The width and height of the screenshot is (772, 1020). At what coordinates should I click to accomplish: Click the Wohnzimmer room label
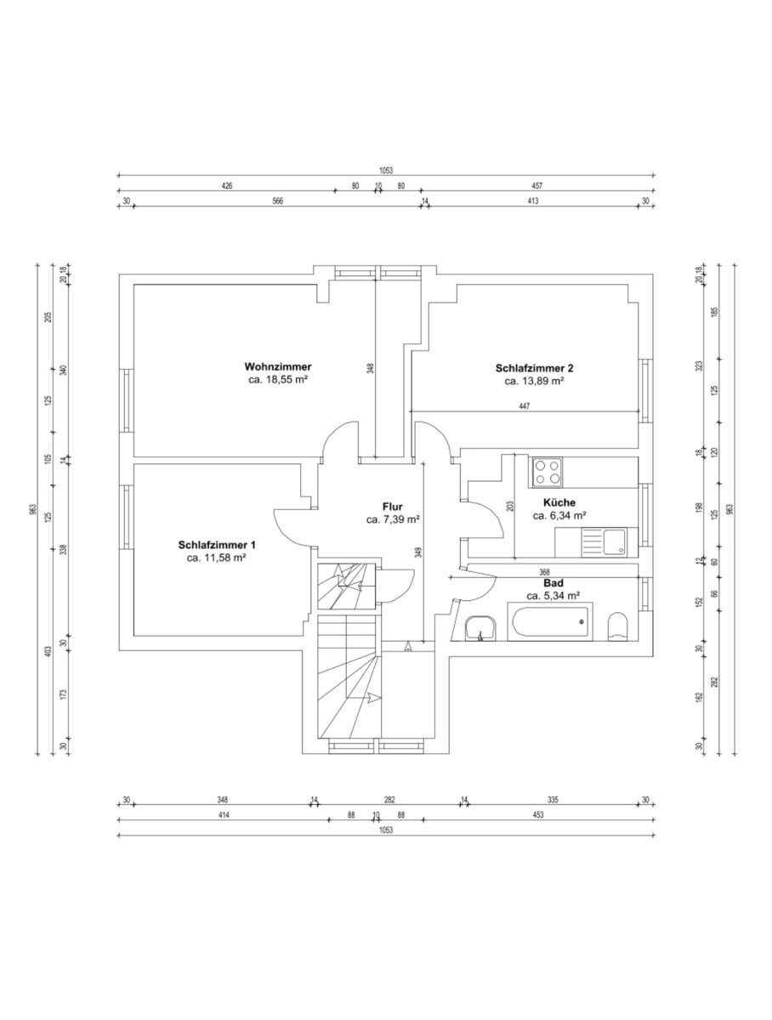[277, 366]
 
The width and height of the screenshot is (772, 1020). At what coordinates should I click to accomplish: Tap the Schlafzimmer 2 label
[534, 369]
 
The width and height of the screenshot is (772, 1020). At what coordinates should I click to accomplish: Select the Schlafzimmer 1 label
[217, 545]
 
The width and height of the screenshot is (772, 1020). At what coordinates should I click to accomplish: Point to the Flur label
[392, 507]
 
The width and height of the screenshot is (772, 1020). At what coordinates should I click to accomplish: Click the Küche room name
[559, 502]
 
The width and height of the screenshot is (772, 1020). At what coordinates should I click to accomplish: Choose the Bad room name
[553, 583]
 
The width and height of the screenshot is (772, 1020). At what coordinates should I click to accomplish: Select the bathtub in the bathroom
[550, 621]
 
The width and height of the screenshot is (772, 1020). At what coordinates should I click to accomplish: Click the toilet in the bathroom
[617, 626]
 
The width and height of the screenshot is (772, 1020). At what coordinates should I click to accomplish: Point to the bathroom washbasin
[480, 628]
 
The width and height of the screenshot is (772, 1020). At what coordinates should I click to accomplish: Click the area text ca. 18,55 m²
[278, 379]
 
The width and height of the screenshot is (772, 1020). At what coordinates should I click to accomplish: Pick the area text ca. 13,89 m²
[535, 381]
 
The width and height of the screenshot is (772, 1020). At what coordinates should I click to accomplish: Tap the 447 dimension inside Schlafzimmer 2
[525, 406]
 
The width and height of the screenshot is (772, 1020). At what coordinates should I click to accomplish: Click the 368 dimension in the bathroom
[544, 572]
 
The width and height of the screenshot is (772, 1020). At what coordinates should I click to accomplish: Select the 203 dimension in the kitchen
[510, 506]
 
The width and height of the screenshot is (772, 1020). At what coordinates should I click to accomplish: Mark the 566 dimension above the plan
[277, 201]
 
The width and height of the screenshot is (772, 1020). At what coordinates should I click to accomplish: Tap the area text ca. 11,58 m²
[217, 558]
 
